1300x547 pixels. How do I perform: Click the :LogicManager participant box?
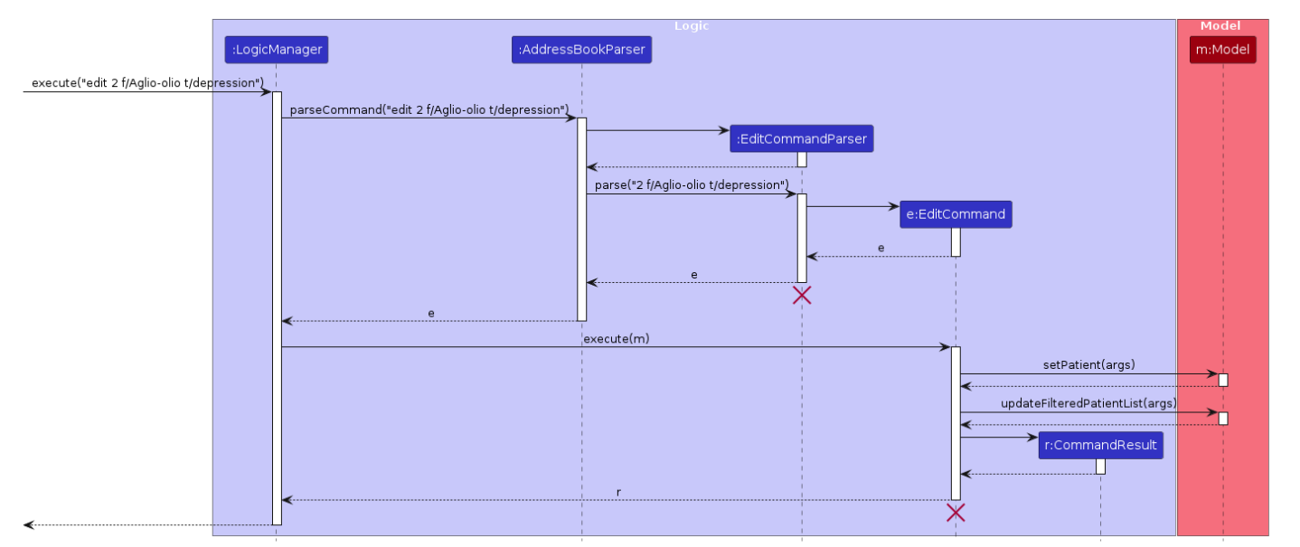pos(276,50)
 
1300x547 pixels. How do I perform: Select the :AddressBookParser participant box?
pos(581,50)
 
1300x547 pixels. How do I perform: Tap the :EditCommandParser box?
pos(801,138)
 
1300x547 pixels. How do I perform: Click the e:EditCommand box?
pos(956,214)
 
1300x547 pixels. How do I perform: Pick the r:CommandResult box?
pos(1100,445)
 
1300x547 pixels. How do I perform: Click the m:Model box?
pos(1222,50)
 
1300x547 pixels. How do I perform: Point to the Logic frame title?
pos(692,26)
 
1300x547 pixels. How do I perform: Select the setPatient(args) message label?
pos(1088,365)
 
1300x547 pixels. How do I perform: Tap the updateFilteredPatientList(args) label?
pos(1088,403)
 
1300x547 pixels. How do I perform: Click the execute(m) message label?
pos(616,339)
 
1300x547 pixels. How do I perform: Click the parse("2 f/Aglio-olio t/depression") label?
pos(692,185)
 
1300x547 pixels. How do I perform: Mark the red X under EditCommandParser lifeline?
pos(801,295)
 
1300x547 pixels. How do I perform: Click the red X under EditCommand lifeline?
pos(956,513)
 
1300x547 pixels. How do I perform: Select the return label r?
pos(618,493)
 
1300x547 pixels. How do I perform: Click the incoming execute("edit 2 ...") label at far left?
pos(147,83)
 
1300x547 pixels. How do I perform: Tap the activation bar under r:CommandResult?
pos(1100,466)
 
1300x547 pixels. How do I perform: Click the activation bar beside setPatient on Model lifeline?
pos(1222,380)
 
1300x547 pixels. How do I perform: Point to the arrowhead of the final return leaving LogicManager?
pos(28,524)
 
